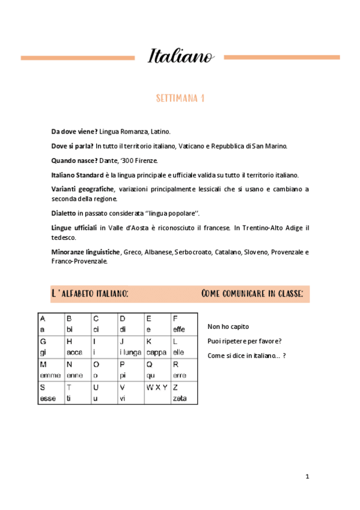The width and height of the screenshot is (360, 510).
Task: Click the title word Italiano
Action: click(180, 57)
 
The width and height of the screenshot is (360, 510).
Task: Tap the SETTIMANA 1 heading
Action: click(180, 99)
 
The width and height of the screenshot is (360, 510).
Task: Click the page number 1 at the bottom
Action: click(307, 476)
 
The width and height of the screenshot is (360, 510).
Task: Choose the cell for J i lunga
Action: click(130, 346)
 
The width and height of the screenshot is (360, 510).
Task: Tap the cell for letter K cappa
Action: click(157, 346)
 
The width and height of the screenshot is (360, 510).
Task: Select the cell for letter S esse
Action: click(50, 393)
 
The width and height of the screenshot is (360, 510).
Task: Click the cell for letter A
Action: click(50, 323)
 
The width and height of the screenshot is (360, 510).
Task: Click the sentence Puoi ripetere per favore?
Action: click(245, 341)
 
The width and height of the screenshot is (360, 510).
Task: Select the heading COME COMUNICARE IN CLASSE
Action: click(252, 293)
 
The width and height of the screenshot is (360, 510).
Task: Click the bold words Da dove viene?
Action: click(75, 131)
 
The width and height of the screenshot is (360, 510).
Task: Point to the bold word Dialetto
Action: click(64, 213)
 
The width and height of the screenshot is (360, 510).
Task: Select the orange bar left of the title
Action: click(78, 58)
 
